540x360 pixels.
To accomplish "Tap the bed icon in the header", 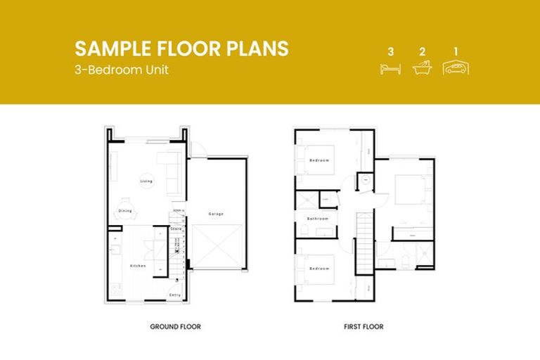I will [390, 68].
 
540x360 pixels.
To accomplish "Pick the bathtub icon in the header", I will [422, 68].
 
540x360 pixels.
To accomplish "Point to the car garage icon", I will [456, 67].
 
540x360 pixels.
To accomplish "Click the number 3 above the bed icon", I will [390, 51].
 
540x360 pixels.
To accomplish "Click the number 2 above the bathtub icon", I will [422, 51].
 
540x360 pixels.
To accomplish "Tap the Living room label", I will [146, 181].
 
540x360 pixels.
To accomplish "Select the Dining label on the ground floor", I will [125, 211].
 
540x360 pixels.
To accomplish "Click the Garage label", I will [216, 214].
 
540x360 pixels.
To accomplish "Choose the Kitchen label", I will [138, 265].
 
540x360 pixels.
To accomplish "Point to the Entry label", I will [175, 295].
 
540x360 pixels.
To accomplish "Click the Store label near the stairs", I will [176, 229].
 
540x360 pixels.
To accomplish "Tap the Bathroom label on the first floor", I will [318, 219].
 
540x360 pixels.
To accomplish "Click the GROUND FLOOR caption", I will [175, 327].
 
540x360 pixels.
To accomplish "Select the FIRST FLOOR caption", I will [364, 327].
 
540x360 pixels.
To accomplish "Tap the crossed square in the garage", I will [219, 246].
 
